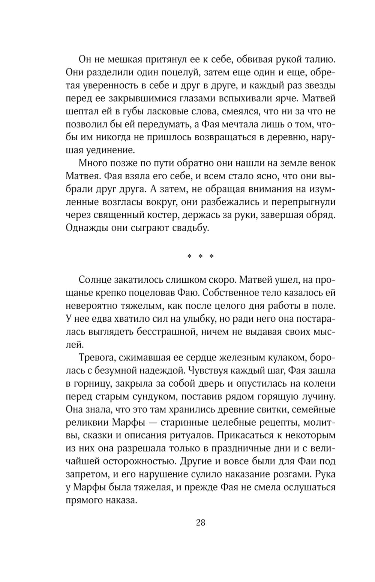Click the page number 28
pos(200,523)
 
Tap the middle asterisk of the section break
pos(201,257)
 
